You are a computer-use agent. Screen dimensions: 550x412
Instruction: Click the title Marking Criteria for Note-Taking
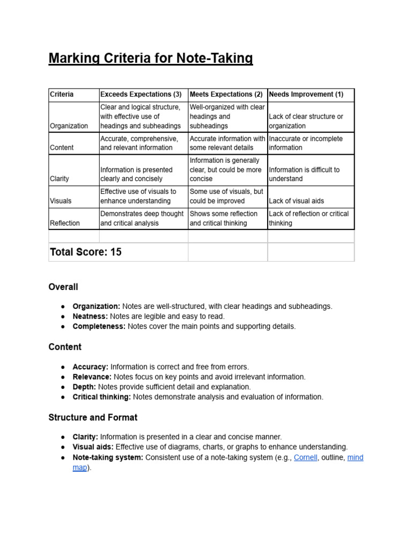click(x=150, y=58)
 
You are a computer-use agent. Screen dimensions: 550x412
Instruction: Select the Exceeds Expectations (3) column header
click(x=141, y=95)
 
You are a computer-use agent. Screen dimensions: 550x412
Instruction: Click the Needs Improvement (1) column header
click(x=306, y=95)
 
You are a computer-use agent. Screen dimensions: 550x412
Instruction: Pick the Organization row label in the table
click(x=69, y=126)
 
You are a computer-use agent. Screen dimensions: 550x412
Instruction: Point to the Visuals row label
click(x=61, y=201)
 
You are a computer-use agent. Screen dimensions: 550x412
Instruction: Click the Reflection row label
click(x=65, y=223)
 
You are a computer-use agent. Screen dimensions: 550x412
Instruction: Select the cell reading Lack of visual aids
click(x=296, y=201)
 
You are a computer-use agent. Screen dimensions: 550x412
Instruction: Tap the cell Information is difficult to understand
click(x=304, y=174)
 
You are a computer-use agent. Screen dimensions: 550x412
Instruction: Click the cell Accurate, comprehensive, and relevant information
click(x=139, y=143)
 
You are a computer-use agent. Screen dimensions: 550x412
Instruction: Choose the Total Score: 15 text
click(x=86, y=252)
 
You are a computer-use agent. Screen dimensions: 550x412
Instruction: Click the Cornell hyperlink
click(x=305, y=458)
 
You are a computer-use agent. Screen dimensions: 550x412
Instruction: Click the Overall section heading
click(x=63, y=287)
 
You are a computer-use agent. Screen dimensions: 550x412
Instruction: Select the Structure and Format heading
click(x=93, y=417)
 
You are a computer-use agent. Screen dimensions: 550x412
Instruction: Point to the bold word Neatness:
click(x=90, y=316)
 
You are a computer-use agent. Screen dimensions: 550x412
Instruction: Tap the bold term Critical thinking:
click(x=101, y=397)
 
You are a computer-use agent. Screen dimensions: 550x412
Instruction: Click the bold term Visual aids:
click(x=93, y=447)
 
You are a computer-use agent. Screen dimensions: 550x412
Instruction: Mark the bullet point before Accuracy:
click(x=63, y=367)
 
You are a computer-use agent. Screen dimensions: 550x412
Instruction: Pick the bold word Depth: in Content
click(x=84, y=387)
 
